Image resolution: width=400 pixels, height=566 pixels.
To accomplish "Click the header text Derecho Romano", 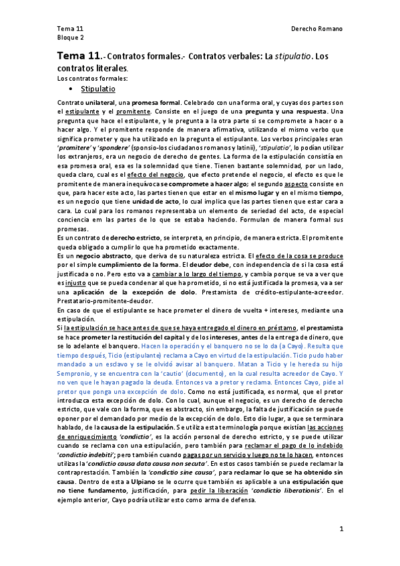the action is [317, 29].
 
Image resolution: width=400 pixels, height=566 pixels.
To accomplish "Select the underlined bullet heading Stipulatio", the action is [98, 88].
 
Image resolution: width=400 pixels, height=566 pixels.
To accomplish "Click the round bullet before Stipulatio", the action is [71, 88].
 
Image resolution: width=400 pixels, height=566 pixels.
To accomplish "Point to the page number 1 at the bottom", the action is [341, 528].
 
